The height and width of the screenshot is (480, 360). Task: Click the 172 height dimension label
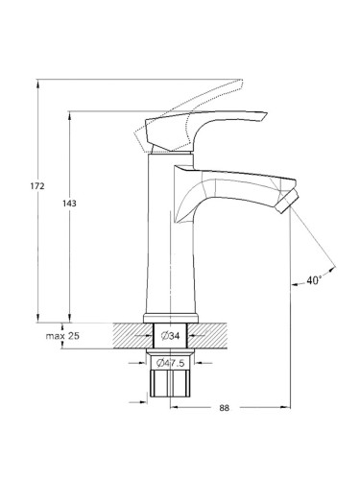[x=37, y=186]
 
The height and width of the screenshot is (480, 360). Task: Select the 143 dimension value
[x=69, y=204]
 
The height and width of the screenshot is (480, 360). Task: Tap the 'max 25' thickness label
[x=62, y=336]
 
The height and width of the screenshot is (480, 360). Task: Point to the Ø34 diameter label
[x=170, y=336]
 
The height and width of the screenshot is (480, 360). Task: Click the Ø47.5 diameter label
[x=171, y=363]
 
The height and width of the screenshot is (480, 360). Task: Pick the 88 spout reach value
[x=225, y=408]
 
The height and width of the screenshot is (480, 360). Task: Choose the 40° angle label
[x=314, y=280]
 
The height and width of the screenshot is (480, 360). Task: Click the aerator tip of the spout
[x=289, y=201]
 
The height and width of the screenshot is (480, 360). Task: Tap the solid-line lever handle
[x=204, y=128]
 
